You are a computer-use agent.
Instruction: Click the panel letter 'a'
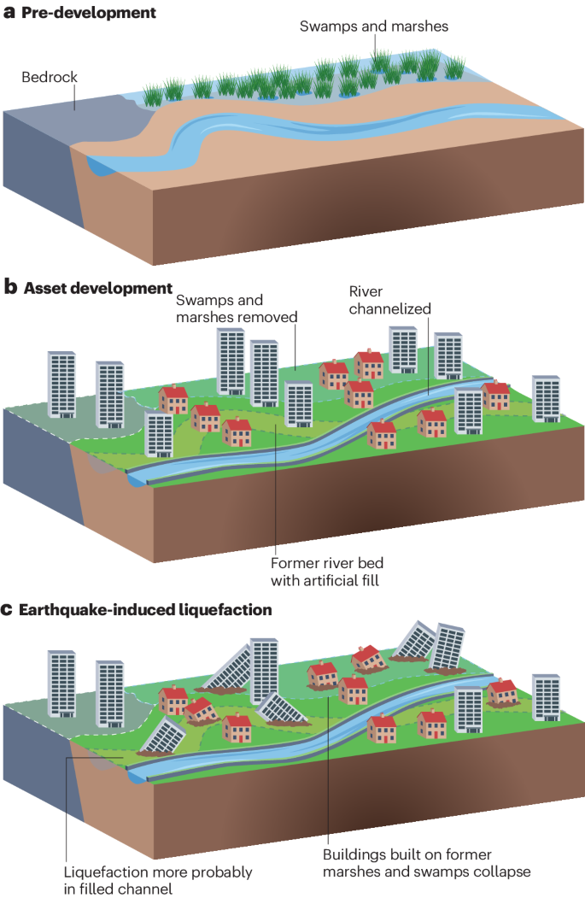pyautogui.click(x=9, y=14)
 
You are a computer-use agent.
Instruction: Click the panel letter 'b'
pyautogui.click(x=10, y=288)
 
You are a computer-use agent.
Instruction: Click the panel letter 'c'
pyautogui.click(x=9, y=610)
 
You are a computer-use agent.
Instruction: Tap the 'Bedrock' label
pyautogui.click(x=50, y=78)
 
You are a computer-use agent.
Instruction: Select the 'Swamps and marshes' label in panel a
pyautogui.click(x=374, y=26)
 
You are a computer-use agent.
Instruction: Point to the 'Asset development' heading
pyautogui.click(x=98, y=288)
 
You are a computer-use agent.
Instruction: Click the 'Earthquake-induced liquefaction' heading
pyautogui.click(x=145, y=610)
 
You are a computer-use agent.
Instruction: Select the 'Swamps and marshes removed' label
pyautogui.click(x=237, y=308)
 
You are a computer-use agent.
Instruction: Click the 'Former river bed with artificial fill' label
pyautogui.click(x=325, y=572)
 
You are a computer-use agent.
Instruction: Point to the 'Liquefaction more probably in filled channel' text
pyautogui.click(x=158, y=880)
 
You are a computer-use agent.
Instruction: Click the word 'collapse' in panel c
pyautogui.click(x=502, y=872)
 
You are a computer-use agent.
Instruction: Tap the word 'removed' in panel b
pyautogui.click(x=268, y=317)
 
